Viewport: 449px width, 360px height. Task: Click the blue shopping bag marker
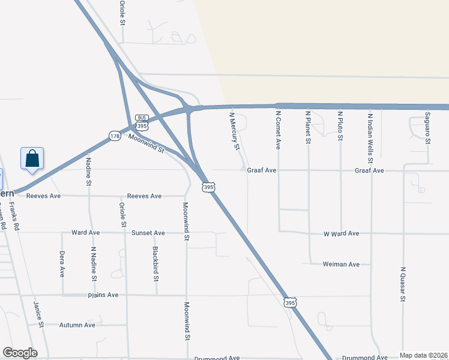pyautogui.click(x=32, y=160)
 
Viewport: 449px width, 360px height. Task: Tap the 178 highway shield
pyautogui.click(x=113, y=136)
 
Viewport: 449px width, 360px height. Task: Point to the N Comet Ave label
pyautogui.click(x=279, y=129)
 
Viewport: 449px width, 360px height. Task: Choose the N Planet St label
pyautogui.click(x=308, y=127)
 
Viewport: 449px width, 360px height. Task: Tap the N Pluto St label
pyautogui.click(x=340, y=125)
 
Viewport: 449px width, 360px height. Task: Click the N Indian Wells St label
pyautogui.click(x=370, y=138)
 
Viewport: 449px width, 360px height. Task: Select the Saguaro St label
pyautogui.click(x=428, y=128)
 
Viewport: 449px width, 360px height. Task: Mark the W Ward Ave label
pyautogui.click(x=341, y=233)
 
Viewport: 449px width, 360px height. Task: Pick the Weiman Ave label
pyautogui.click(x=341, y=264)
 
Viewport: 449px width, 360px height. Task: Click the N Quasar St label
pyautogui.click(x=403, y=284)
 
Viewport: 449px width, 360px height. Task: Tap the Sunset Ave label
pyautogui.click(x=148, y=233)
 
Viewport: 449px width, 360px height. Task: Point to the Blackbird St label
pyautogui.click(x=155, y=264)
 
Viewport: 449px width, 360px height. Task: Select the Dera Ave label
pyautogui.click(x=62, y=264)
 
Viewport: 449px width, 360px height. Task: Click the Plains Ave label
pyautogui.click(x=103, y=295)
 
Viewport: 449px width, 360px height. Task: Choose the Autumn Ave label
pyautogui.click(x=77, y=325)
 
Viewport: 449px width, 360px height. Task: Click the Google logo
pyautogui.click(x=20, y=352)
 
